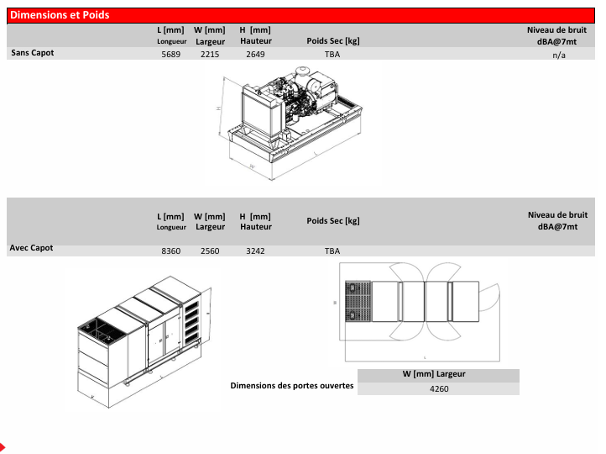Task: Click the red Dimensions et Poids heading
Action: (x=60, y=15)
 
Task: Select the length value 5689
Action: (x=171, y=54)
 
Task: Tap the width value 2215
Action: (x=210, y=54)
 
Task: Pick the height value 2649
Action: (x=255, y=54)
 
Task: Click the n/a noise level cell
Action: (x=559, y=55)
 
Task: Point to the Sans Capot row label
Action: (x=33, y=53)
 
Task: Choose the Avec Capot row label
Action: (x=31, y=248)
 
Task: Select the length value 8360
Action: (x=171, y=251)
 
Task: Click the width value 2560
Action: (x=210, y=251)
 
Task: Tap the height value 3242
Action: (x=255, y=251)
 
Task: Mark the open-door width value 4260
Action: (x=439, y=388)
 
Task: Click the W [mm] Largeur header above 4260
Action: (x=434, y=374)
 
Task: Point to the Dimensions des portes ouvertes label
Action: (x=292, y=386)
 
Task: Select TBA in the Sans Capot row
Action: (x=332, y=54)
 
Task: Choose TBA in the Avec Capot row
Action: (x=332, y=251)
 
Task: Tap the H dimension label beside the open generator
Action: (x=218, y=108)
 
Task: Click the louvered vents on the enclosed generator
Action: (x=191, y=323)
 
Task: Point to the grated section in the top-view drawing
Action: (x=358, y=302)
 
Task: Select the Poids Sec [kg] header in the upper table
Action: (x=333, y=41)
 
